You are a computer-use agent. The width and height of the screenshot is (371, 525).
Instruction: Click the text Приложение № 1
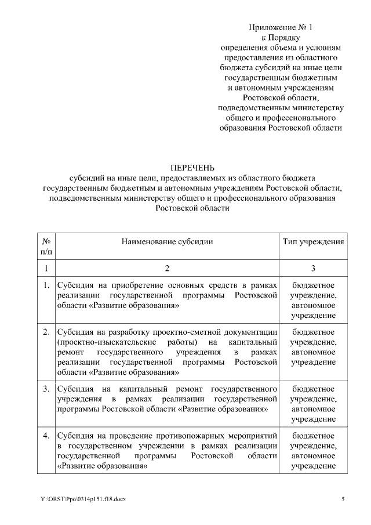[x=281, y=27]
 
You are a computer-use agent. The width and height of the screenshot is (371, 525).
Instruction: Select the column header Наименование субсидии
[x=167, y=241]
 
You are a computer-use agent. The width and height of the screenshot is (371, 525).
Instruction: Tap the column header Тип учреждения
[x=314, y=241]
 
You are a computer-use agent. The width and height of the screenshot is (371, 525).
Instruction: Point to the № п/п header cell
[x=46, y=246]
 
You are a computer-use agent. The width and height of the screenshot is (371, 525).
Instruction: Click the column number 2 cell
[x=168, y=268]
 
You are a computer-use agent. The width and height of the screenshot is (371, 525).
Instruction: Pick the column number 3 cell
[x=314, y=268]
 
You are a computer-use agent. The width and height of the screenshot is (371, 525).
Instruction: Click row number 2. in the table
[x=46, y=332]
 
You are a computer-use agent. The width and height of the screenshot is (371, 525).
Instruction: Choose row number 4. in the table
[x=46, y=435]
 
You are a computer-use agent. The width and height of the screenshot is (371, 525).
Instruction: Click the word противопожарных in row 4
[x=182, y=435]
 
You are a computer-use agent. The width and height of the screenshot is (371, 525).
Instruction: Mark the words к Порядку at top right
[x=281, y=37]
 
